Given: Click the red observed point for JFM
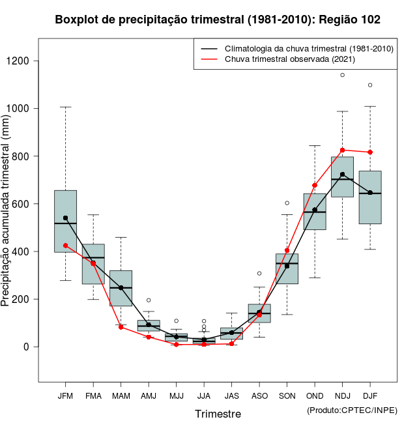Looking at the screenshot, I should click(66, 246).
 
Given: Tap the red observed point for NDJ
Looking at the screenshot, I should click(343, 150).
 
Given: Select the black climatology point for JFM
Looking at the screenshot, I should click(66, 218).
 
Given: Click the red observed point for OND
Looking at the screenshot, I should click(315, 185).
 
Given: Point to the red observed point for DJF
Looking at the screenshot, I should click(370, 152).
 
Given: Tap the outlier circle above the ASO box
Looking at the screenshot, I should click(259, 274).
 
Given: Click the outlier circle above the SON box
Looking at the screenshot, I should click(287, 203).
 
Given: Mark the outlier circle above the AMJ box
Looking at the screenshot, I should click(149, 300).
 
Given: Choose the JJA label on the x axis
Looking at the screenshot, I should click(204, 396).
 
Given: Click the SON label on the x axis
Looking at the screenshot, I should click(287, 396).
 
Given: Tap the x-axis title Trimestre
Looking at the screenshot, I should click(218, 414).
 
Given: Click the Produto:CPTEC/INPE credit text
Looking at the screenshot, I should click(352, 410).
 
